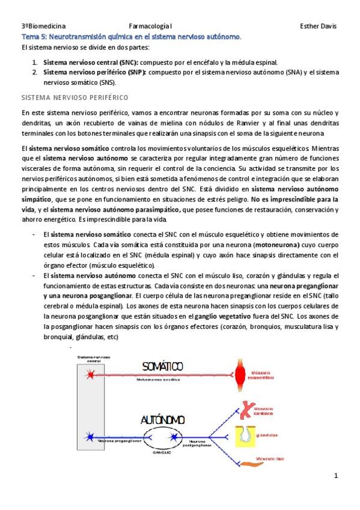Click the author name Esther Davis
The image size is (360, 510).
pos(318,26)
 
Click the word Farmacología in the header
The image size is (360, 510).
pos(148,26)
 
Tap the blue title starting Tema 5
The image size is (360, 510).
pos(131,37)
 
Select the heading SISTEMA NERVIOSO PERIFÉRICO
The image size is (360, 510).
pos(74,97)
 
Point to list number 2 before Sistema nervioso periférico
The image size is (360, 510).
pos(35,72)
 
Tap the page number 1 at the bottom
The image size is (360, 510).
pos(337,476)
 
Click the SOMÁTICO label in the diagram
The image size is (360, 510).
pos(162,367)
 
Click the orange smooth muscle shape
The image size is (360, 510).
pos(243,461)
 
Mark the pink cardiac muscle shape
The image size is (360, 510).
pos(243,409)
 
